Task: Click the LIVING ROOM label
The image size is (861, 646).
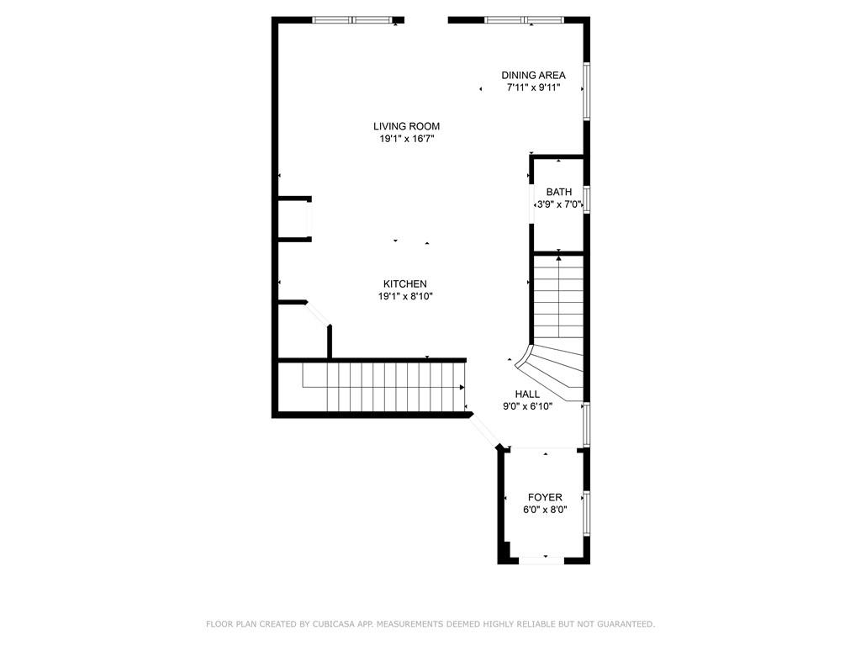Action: click(407, 126)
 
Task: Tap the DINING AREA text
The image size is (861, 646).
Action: click(533, 75)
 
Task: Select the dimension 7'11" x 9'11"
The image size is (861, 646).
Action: click(533, 87)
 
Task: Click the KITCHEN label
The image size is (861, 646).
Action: click(405, 284)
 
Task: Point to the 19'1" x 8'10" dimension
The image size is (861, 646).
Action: click(405, 296)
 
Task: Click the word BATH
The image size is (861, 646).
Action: click(559, 193)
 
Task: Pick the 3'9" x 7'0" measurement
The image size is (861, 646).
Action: click(559, 204)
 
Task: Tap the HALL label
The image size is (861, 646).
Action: click(527, 394)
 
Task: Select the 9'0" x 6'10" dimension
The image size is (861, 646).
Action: click(527, 405)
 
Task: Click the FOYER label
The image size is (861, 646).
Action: click(545, 497)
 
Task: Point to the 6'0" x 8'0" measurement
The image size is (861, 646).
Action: click(545, 510)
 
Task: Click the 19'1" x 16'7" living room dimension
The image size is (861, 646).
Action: click(407, 139)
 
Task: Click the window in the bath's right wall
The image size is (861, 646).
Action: click(586, 199)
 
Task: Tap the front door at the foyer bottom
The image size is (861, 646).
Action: click(545, 558)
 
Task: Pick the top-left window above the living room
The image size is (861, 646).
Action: click(352, 19)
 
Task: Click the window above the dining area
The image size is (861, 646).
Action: click(523, 19)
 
